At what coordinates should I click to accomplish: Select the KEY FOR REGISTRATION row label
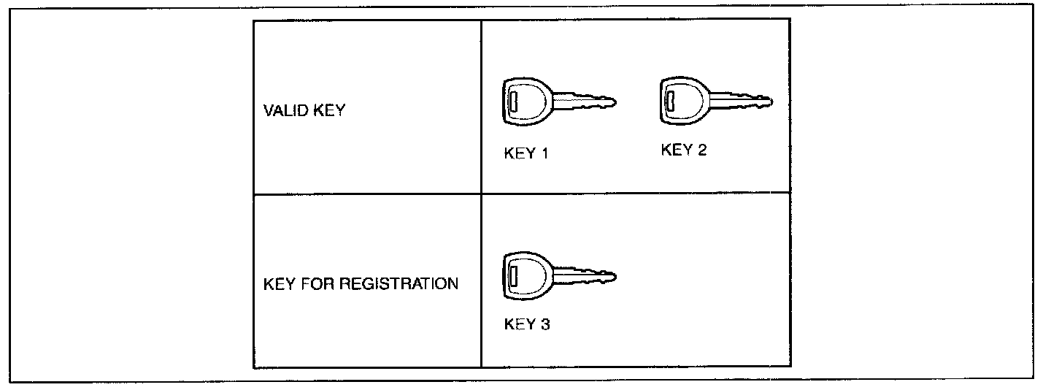[x=361, y=283]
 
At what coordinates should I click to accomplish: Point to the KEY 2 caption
[x=684, y=150]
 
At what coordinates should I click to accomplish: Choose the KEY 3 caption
[x=527, y=324]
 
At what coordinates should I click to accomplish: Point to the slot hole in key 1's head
[x=513, y=103]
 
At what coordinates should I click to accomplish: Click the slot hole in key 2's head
[x=670, y=100]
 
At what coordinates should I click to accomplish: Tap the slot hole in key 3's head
[x=513, y=278]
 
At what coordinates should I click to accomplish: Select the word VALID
[x=280, y=112]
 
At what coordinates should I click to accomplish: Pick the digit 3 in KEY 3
[x=545, y=324]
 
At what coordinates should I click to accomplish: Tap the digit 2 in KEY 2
[x=702, y=150]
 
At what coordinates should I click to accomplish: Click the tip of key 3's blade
[x=615, y=277]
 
